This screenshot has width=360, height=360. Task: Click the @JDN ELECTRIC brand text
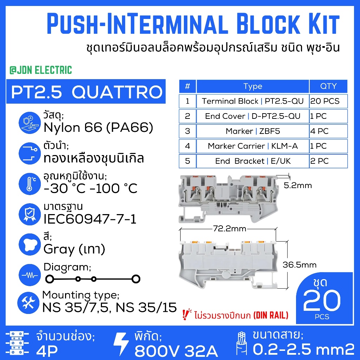(x=41, y=70)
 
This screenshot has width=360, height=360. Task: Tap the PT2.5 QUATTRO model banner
(x=86, y=91)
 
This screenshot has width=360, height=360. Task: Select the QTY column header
(x=328, y=86)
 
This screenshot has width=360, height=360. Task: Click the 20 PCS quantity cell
(x=328, y=101)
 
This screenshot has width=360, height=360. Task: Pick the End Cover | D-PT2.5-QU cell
(x=253, y=116)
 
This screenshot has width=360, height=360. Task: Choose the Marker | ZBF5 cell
(x=253, y=131)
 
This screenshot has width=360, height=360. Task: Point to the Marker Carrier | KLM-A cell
(x=253, y=146)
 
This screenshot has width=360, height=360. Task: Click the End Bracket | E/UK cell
(x=253, y=161)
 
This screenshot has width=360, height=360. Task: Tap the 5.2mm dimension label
(x=298, y=185)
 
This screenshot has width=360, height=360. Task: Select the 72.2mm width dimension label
(x=230, y=229)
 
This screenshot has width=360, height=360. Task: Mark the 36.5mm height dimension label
(x=300, y=265)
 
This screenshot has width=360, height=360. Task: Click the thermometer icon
(x=30, y=184)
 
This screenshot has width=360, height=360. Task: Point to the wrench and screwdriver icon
(x=28, y=303)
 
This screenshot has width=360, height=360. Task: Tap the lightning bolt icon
(x=121, y=344)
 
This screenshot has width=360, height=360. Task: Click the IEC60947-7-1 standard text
(x=90, y=219)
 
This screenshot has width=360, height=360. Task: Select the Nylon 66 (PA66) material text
(x=98, y=128)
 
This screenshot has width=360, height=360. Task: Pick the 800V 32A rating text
(x=176, y=351)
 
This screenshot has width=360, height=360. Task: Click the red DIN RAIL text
(x=271, y=315)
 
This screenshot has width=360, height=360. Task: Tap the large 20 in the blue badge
(x=322, y=300)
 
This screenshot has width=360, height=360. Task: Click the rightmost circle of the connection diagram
(x=136, y=279)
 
